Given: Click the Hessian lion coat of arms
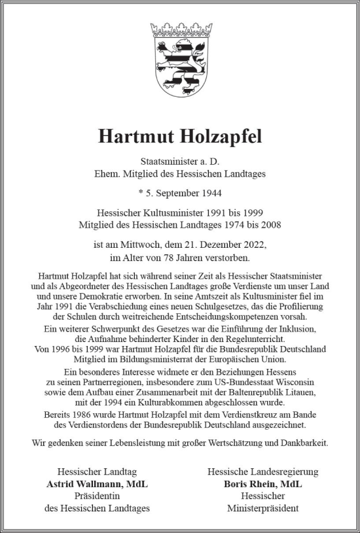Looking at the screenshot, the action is coord(177,65).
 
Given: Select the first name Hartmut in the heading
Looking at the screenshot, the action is coord(135,137).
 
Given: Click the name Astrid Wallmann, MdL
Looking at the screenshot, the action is coord(97,484).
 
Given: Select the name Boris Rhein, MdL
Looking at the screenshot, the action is coord(262,484).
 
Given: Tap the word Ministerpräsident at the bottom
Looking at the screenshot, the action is coord(262,508).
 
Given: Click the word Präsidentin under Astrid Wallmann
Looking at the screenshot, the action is coord(97,496).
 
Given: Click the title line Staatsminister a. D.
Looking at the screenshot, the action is coord(180,161).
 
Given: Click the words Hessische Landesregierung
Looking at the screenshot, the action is coord(262,472).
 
